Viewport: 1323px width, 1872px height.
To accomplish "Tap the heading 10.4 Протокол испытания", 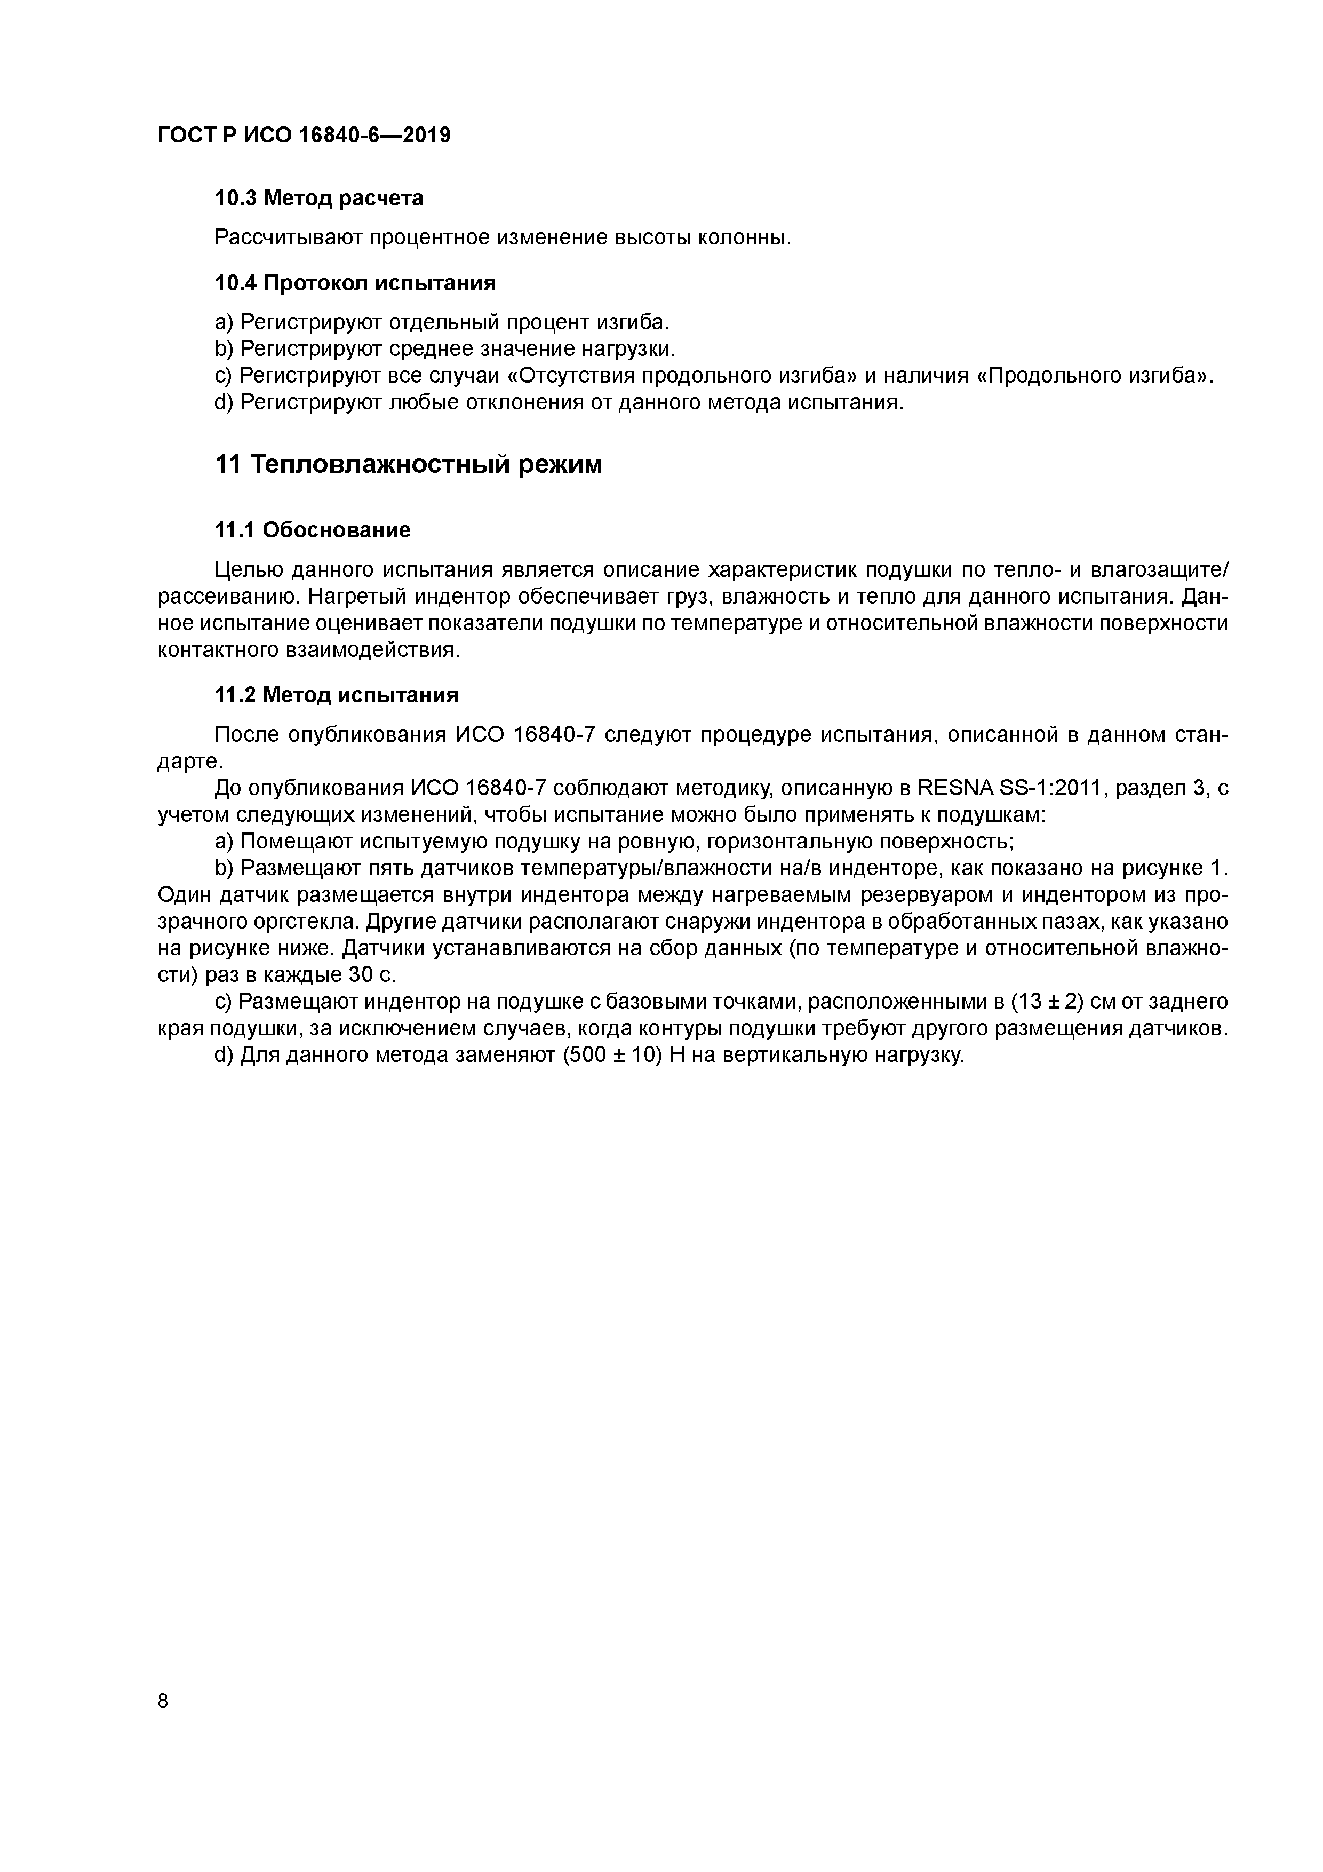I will (x=355, y=283).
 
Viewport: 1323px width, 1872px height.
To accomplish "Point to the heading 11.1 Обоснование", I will (x=312, y=531).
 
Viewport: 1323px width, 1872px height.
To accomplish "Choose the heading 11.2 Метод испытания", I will (x=336, y=695).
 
